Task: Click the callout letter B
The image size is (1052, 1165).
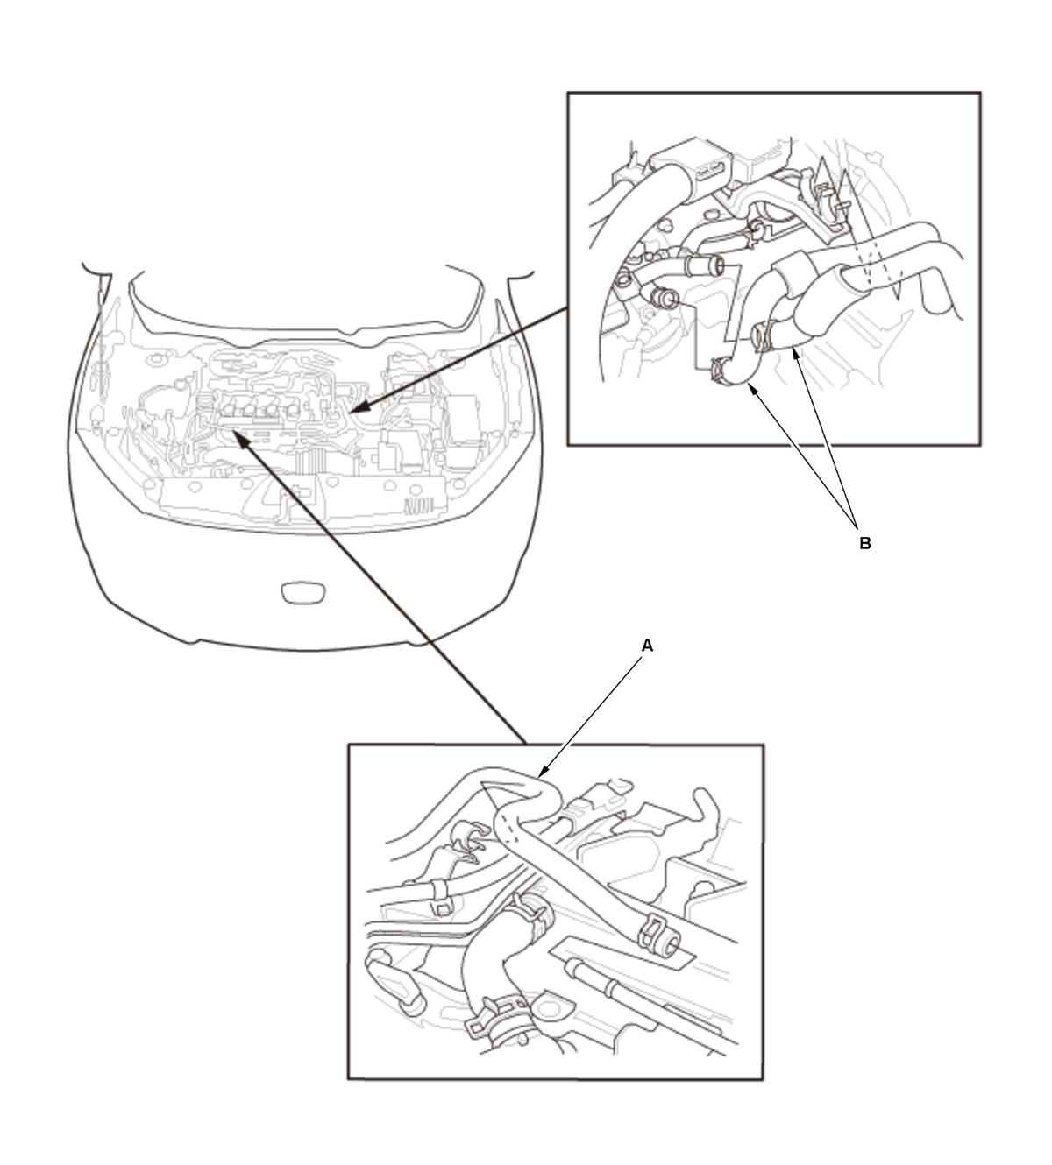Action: tap(865, 544)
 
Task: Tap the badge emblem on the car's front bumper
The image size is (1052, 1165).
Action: tap(303, 593)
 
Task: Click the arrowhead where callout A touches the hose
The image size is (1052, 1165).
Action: tap(544, 773)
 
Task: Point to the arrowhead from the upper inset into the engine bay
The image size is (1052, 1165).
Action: tap(359, 406)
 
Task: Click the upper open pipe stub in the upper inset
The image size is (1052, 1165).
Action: tap(705, 267)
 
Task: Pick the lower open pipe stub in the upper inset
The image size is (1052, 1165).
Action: tap(665, 299)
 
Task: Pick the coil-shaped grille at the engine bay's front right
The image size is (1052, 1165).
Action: tap(420, 507)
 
